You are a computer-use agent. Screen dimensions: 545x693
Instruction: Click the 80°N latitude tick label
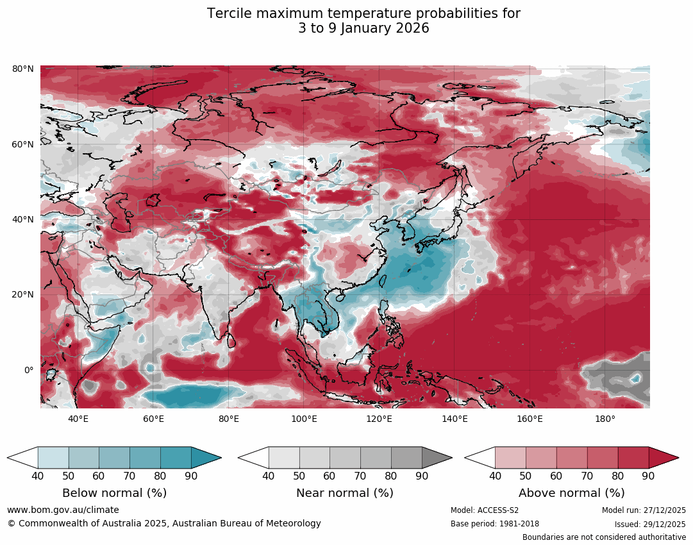pyautogui.click(x=23, y=69)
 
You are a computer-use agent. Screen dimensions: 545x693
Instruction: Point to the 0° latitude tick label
pyautogui.click(x=29, y=370)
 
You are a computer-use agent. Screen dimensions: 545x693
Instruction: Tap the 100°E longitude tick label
pyautogui.click(x=304, y=419)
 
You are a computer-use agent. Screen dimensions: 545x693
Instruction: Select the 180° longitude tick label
pyautogui.click(x=605, y=419)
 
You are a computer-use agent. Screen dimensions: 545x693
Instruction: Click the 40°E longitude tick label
pyautogui.click(x=78, y=419)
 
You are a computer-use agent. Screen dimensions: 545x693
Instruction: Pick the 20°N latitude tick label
pyautogui.click(x=23, y=295)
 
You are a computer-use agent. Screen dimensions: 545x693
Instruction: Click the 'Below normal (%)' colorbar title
pyautogui.click(x=114, y=493)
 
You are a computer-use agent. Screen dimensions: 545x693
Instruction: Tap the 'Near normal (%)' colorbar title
pyautogui.click(x=345, y=493)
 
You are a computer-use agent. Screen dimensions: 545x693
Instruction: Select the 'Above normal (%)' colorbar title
pyautogui.click(x=571, y=493)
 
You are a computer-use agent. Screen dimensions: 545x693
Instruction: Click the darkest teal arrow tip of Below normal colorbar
pyautogui.click(x=206, y=458)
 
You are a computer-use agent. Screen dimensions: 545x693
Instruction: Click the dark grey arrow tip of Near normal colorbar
pyautogui.click(x=437, y=458)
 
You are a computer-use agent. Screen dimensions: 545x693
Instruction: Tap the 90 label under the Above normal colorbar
pyautogui.click(x=648, y=476)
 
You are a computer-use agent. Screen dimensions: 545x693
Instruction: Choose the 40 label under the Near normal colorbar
pyautogui.click(x=269, y=476)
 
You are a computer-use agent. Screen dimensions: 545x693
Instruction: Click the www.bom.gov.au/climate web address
pyautogui.click(x=63, y=510)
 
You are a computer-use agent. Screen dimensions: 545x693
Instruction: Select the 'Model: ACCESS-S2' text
pyautogui.click(x=485, y=510)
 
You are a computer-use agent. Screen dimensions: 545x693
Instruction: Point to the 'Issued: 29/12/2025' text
pyautogui.click(x=650, y=524)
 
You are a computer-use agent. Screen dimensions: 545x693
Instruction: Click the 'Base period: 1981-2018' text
pyautogui.click(x=495, y=524)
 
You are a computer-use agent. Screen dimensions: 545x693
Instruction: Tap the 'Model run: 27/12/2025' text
pyautogui.click(x=644, y=510)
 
